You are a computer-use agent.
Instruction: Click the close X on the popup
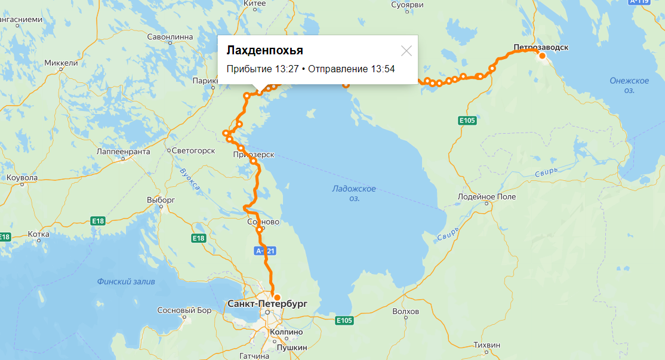407,51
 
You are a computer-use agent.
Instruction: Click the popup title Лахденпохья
264,50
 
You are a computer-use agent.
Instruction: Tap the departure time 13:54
383,69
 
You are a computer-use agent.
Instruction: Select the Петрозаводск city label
541,46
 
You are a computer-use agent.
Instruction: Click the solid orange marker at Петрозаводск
543,56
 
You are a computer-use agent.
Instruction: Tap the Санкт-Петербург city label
267,304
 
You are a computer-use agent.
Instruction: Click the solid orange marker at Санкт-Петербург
277,297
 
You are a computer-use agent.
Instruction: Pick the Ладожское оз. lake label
354,193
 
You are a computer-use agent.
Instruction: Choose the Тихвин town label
487,344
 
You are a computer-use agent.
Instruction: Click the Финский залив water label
126,281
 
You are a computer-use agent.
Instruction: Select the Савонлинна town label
170,36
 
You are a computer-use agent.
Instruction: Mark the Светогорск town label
193,150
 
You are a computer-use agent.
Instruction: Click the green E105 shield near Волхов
344,321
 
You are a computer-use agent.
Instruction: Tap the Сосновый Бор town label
184,310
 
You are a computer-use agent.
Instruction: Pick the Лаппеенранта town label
122,152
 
